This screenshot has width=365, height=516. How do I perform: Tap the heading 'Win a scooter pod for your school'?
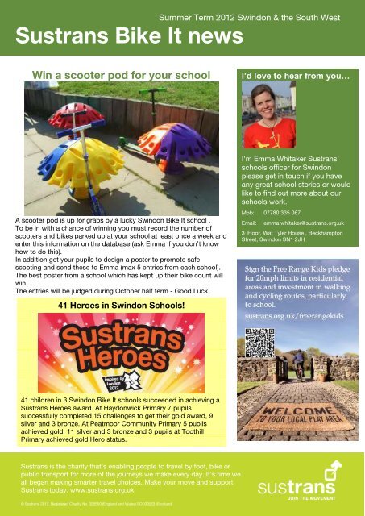[x=121, y=76]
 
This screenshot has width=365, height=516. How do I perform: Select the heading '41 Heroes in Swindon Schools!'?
[x=117, y=306]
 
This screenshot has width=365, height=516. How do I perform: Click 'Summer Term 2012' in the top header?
[x=197, y=16]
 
